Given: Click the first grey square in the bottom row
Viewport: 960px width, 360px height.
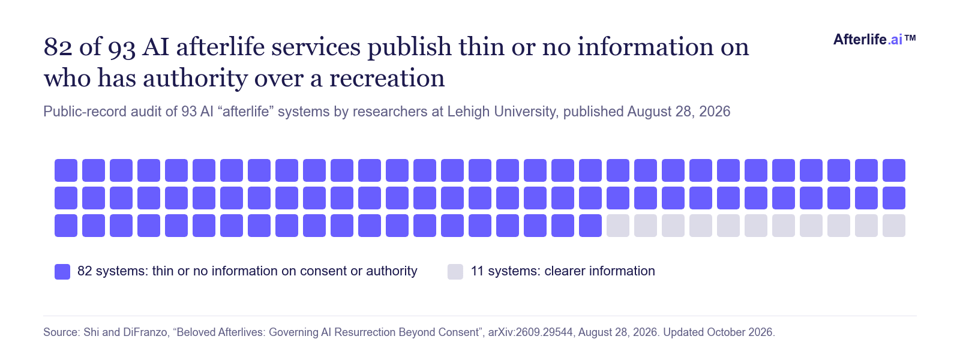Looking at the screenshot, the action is coord(618,226).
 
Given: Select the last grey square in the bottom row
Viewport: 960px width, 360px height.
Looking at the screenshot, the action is coord(894,226).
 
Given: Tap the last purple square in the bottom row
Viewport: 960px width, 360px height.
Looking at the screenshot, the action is coord(590,226).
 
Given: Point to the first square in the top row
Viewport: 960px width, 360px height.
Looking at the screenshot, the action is coord(66,170).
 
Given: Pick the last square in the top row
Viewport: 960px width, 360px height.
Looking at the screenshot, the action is coord(894,170).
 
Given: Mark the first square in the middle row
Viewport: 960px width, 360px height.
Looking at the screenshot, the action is coord(66,198).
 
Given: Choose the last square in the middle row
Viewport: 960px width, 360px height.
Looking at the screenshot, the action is coord(894,198).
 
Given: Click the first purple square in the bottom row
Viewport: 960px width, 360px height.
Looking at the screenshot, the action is coord(66,226).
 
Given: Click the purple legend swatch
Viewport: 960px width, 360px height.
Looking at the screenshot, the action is coord(62,272).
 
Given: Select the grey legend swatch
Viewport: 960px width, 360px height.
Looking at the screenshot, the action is coord(455,272).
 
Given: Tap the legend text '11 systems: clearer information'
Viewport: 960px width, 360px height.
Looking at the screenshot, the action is coord(563,271).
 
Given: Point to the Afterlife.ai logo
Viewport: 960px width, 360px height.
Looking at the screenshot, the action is coord(874,40).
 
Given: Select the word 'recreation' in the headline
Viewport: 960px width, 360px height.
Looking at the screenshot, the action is coord(387,79).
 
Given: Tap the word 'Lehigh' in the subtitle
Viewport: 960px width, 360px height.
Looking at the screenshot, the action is coord(469,112).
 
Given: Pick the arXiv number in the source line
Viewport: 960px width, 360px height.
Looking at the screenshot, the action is coord(530,332).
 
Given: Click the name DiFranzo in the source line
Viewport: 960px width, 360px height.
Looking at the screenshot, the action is coord(145,332).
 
